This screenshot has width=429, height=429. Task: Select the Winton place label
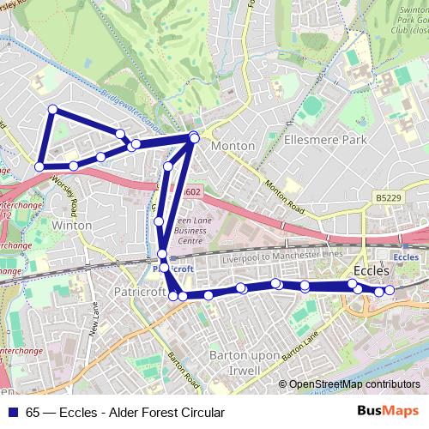click(x=71, y=225)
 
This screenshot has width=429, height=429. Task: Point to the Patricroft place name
click(x=134, y=292)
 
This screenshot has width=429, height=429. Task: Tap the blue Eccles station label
click(x=405, y=255)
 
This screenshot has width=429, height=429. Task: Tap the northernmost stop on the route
click(x=52, y=109)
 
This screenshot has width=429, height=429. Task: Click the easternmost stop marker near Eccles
click(x=390, y=290)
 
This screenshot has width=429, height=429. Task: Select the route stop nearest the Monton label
click(x=194, y=138)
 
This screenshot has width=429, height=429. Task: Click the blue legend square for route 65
click(x=15, y=412)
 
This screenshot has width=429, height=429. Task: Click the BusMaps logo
click(x=393, y=412)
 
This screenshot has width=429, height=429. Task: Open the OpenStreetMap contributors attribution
click(x=354, y=384)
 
